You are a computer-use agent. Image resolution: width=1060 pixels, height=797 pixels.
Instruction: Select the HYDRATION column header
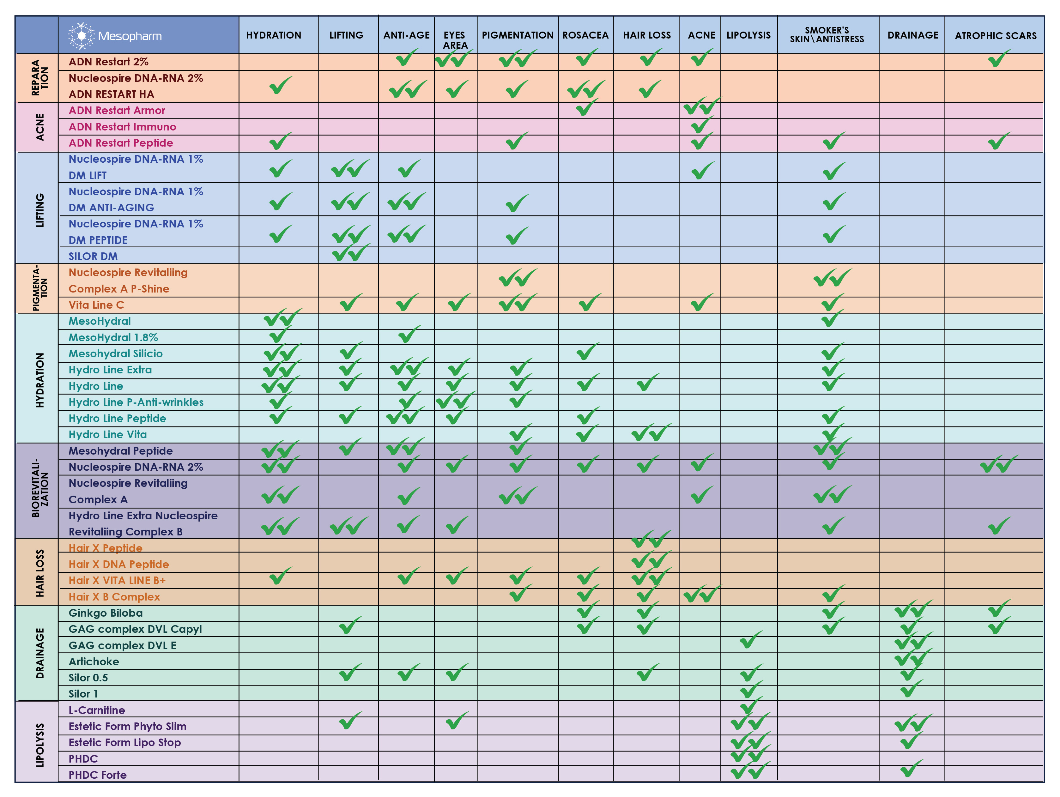coord(274,35)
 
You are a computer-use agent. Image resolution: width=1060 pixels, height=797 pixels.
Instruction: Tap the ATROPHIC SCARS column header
coord(995,35)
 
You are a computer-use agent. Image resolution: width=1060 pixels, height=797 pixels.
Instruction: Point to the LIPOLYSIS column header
coord(748,35)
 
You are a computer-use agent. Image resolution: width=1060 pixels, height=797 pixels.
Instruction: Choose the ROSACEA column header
coord(585,35)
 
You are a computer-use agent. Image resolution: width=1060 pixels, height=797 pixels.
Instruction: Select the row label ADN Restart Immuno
coord(122,127)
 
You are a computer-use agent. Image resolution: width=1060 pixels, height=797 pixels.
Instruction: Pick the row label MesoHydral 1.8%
coord(113,337)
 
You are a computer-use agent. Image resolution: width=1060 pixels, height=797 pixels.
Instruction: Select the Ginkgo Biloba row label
coord(106,613)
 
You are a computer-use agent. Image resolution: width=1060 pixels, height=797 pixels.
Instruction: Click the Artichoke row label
coord(94,661)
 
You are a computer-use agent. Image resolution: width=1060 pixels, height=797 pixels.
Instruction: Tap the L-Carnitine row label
coord(96,710)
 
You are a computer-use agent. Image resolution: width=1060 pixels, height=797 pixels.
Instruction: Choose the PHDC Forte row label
coord(97,775)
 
